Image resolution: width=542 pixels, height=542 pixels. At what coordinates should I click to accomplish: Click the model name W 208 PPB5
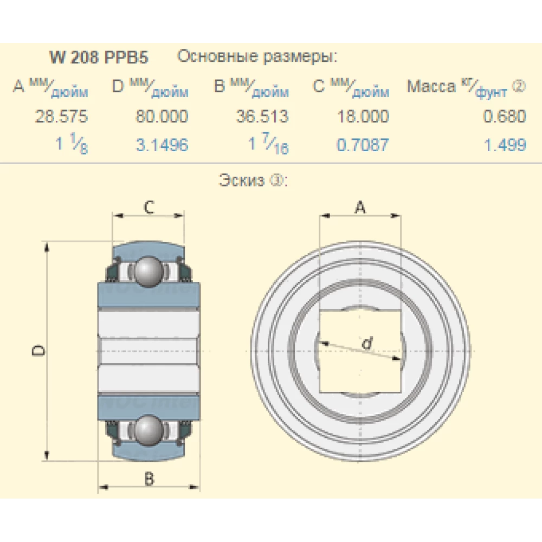[x=99, y=57]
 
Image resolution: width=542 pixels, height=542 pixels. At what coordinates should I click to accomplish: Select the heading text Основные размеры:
[x=257, y=57]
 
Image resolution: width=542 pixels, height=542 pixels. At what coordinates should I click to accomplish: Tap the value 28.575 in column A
[x=61, y=117]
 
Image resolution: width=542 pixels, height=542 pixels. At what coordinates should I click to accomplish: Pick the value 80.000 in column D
[x=162, y=117]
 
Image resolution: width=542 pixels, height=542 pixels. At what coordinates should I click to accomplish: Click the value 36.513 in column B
[x=262, y=117]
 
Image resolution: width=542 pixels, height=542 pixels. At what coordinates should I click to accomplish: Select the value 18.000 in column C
[x=363, y=117]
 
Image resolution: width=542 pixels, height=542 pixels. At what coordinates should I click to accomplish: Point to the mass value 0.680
[x=505, y=117]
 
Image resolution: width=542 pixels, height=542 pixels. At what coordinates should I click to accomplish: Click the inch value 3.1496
[x=162, y=145]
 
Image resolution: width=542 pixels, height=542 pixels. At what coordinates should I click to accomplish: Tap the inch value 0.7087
[x=363, y=145]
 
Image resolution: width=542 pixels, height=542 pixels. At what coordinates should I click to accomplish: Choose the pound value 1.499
[x=505, y=145]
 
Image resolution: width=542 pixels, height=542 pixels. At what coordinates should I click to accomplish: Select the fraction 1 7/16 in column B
[x=268, y=145]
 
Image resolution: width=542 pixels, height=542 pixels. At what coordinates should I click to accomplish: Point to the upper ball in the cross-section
[x=148, y=271]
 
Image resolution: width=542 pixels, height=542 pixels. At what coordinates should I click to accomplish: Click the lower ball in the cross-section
[x=148, y=430]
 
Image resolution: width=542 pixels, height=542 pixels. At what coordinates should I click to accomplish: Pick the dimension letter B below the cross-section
[x=148, y=479]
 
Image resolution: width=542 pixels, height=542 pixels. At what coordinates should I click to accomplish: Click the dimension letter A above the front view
[x=360, y=207]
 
